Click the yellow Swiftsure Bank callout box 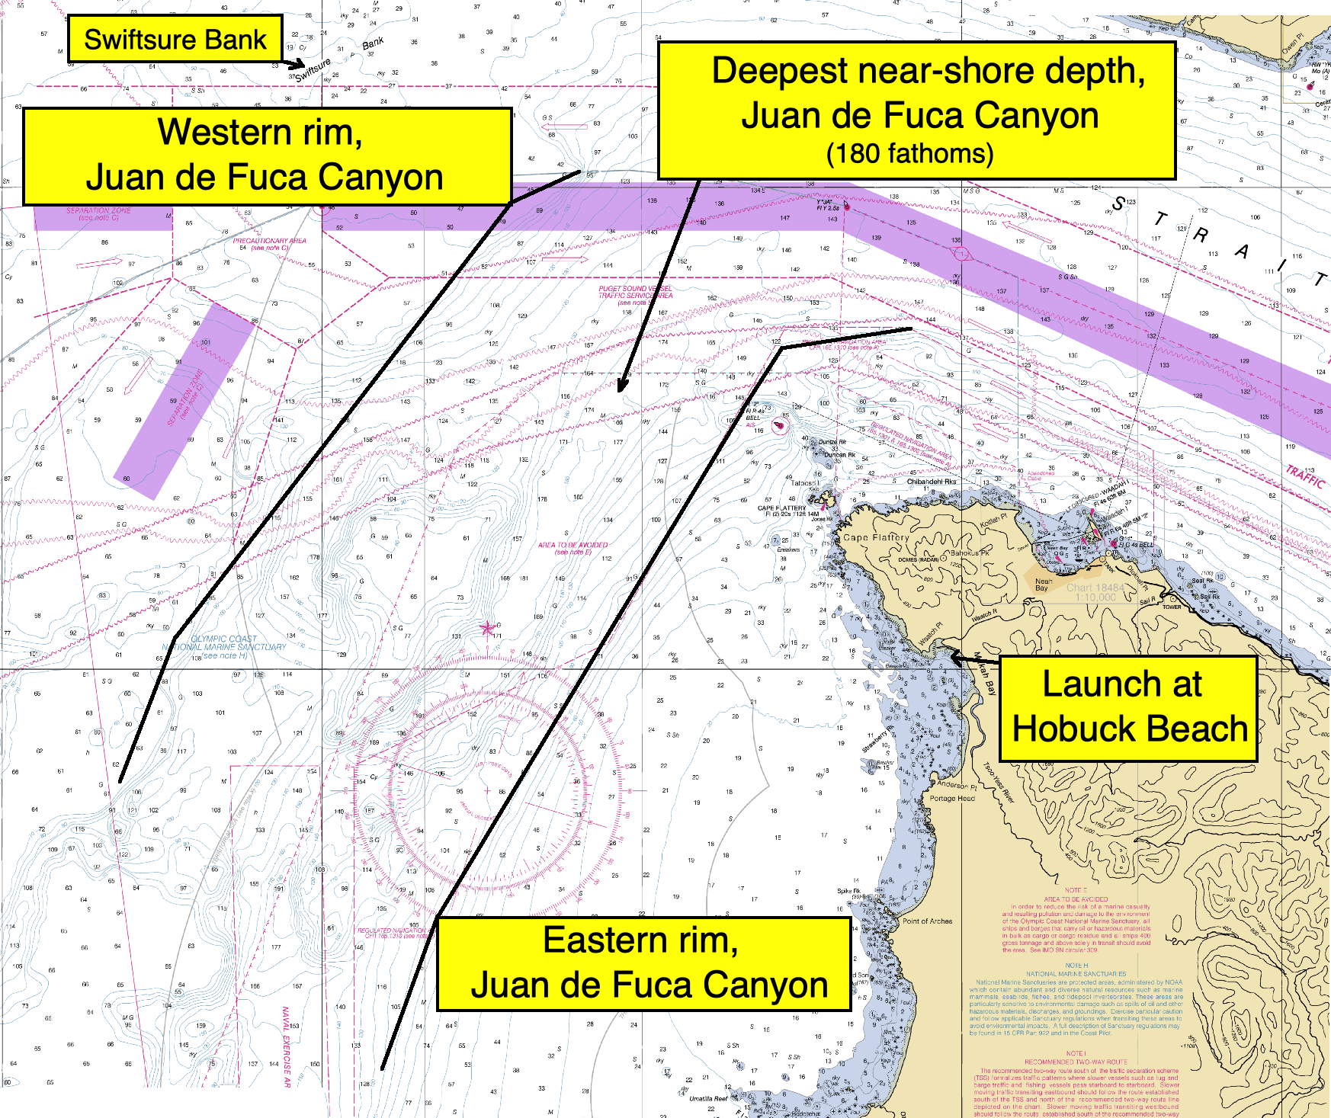[x=175, y=39]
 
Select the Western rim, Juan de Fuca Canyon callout [x=267, y=155]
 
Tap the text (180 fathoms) [x=910, y=154]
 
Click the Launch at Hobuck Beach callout [x=1128, y=707]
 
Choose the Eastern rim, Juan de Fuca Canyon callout [x=644, y=963]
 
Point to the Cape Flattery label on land [x=877, y=537]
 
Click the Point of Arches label [x=927, y=921]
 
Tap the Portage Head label [x=951, y=798]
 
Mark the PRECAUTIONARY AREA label [x=270, y=243]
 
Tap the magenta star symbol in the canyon [x=487, y=628]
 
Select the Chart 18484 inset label [x=1095, y=591]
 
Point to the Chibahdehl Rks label [x=931, y=482]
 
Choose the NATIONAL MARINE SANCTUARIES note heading [x=1076, y=974]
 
